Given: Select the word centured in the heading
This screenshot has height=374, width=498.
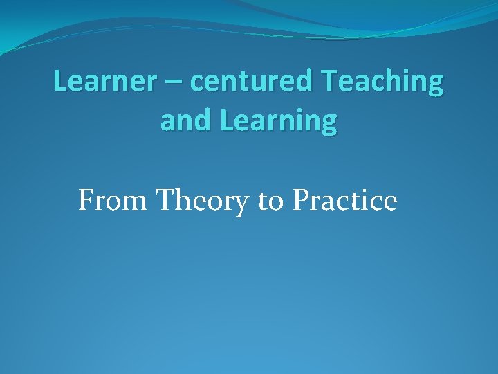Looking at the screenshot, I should tap(251, 82).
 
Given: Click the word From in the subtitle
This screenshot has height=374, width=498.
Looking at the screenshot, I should tap(113, 201).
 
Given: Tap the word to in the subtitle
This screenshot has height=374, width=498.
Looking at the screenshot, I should tap(270, 202).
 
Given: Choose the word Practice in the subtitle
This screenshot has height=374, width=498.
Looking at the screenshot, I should tap(344, 201).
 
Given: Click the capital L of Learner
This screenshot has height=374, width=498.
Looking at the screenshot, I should tap(59, 82).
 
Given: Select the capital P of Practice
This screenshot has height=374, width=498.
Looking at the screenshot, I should tap(301, 201).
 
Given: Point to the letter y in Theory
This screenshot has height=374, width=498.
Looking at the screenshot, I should tap(242, 205).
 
